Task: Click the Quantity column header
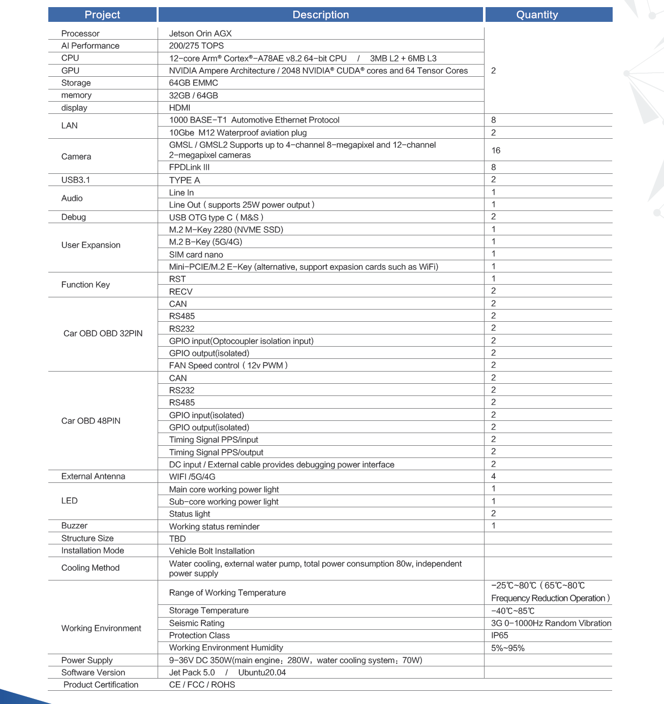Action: click(537, 15)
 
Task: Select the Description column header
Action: click(320, 15)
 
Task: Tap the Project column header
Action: click(102, 15)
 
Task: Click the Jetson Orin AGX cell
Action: click(200, 34)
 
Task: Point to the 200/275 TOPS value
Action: click(196, 46)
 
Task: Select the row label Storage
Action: click(76, 83)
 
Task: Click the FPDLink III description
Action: click(189, 167)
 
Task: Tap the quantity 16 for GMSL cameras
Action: click(496, 150)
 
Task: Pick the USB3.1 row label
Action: click(76, 180)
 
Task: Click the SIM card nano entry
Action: click(196, 255)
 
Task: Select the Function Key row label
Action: click(85, 285)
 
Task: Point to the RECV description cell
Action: click(180, 292)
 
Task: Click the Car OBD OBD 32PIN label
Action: click(103, 333)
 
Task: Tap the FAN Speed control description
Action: click(228, 365)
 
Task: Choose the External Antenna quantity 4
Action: click(493, 476)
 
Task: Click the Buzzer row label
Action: click(74, 526)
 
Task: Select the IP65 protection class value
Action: click(499, 635)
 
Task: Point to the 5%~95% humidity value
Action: click(507, 648)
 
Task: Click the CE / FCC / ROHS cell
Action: click(202, 685)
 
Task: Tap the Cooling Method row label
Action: click(90, 568)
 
